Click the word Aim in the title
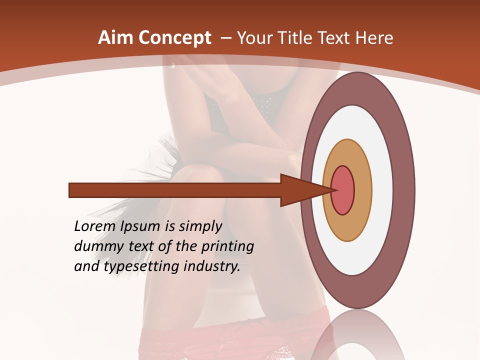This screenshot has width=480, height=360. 115,38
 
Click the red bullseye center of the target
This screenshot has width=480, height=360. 343,190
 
